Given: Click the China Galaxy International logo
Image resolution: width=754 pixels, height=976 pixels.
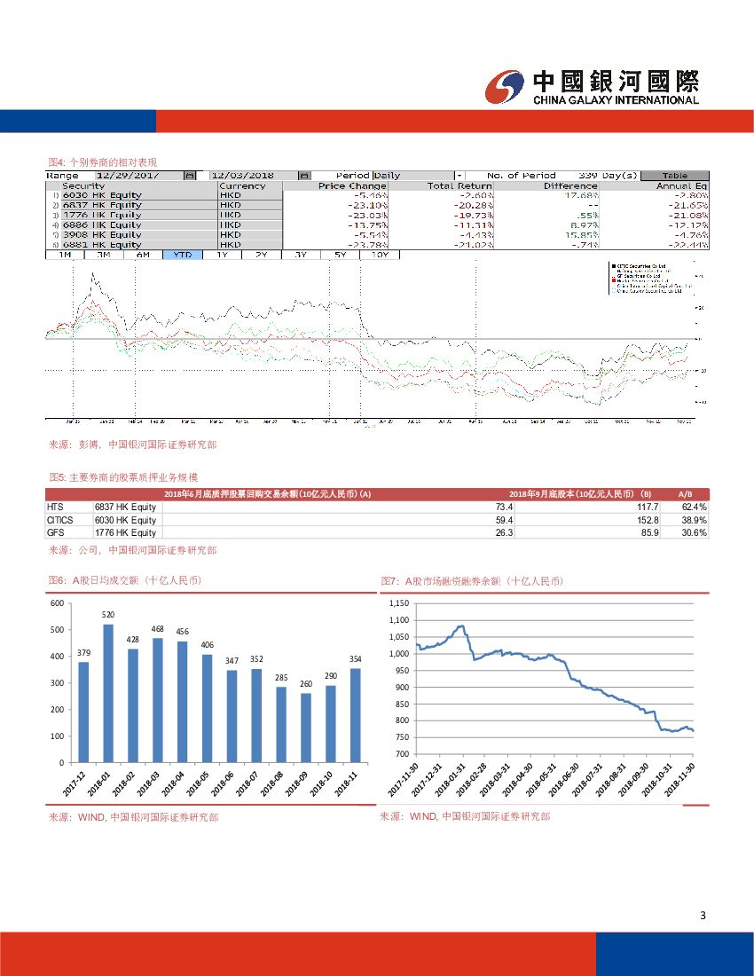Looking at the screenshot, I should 592,86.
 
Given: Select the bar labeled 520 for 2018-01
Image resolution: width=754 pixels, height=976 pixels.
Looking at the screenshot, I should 108,693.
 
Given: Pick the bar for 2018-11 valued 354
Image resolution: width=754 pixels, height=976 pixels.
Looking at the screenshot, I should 355,715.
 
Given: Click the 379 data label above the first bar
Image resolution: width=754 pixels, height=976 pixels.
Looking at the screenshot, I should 83,654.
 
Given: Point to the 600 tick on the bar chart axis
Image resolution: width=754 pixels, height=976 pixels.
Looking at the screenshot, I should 57,603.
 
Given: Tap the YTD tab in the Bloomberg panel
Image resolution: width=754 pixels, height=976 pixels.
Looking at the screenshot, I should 183,255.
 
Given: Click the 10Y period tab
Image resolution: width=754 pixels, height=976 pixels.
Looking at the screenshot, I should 380,255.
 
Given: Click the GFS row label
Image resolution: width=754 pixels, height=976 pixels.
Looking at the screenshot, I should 57,532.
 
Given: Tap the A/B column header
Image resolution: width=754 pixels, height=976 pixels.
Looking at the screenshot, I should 685,494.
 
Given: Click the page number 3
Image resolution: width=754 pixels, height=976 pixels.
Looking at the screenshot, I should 703,916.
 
